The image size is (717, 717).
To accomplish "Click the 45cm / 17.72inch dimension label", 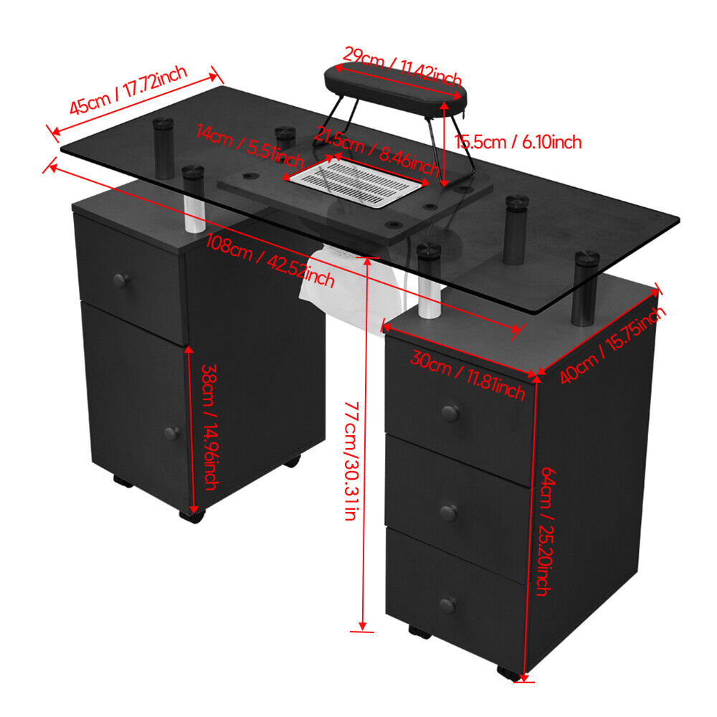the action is (128, 90).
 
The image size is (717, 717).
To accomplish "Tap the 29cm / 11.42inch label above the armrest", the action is (402, 67).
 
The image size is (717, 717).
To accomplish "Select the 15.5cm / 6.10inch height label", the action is (518, 142).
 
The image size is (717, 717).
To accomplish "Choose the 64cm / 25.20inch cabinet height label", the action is (545, 531).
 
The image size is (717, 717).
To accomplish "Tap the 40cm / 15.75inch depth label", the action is (612, 344).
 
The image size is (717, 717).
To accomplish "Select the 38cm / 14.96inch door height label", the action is (210, 427).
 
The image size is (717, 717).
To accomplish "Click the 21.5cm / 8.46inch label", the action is (376, 151).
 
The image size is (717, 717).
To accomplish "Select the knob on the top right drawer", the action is (451, 412).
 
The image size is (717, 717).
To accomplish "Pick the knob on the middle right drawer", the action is (449, 513).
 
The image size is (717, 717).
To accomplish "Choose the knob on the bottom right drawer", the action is (448, 605).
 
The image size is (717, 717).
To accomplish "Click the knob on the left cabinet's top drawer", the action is (121, 280).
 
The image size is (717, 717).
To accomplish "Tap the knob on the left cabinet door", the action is (172, 432).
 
